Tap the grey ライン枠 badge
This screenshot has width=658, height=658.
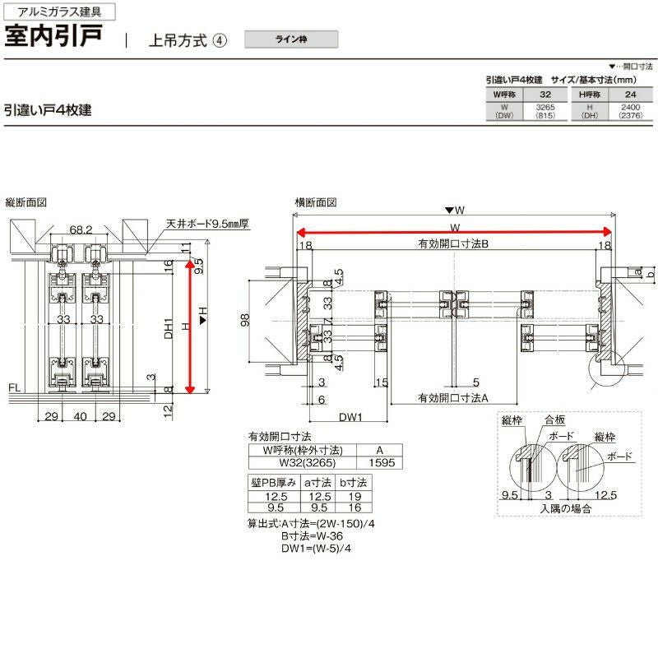pos(290,38)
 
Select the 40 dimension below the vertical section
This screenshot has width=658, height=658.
pos(80,417)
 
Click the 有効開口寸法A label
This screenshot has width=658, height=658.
pos(453,398)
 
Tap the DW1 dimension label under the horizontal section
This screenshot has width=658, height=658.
pos(350,417)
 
